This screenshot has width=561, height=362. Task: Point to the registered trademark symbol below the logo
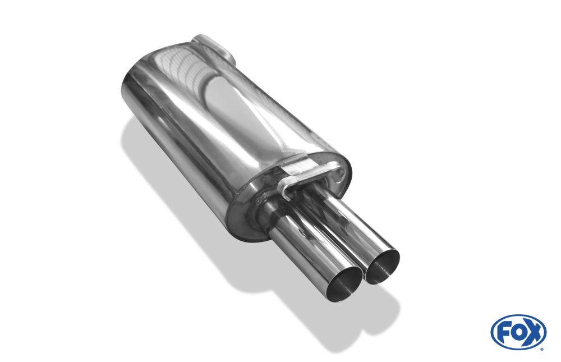(x=542, y=349)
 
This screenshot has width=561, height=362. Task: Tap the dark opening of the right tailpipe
(x=381, y=266)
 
